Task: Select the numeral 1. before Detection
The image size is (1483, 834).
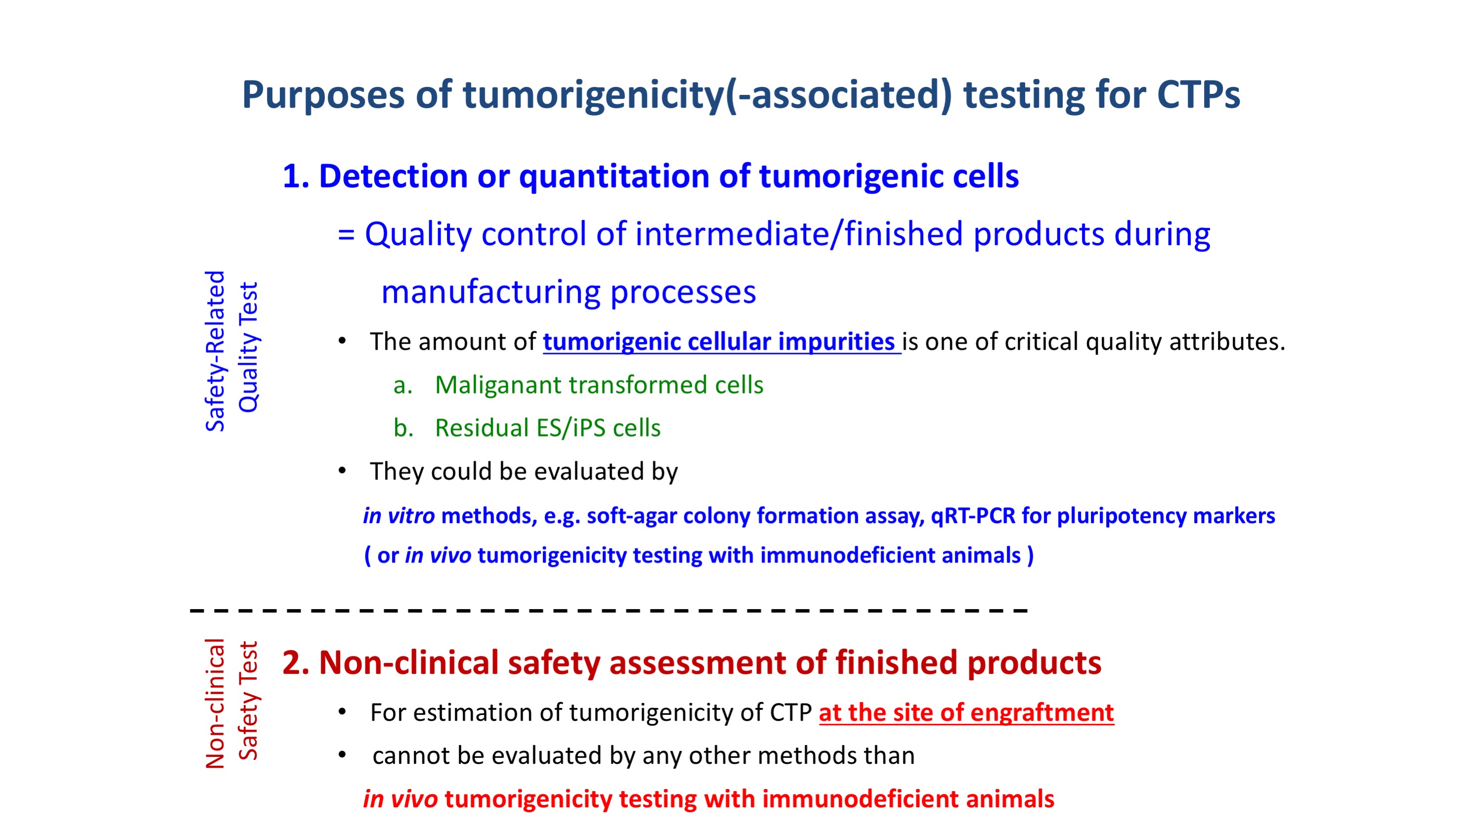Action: pos(296,176)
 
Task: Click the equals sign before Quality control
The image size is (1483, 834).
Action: pos(346,235)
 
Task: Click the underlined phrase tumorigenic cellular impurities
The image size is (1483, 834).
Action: pos(721,342)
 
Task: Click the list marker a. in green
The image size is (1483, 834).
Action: pos(403,386)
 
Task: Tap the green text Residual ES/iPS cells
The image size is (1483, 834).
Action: pos(547,428)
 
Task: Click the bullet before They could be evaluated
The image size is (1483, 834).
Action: pos(342,471)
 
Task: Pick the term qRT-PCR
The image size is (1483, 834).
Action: pos(973,516)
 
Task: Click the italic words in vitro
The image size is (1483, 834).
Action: pos(399,516)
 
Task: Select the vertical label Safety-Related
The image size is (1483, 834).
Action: pos(215,351)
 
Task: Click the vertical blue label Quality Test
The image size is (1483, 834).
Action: pos(249,348)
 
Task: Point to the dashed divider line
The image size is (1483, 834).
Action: pos(609,610)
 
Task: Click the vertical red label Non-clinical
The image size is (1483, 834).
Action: pos(215,704)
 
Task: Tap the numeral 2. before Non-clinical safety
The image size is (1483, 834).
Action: pos(296,663)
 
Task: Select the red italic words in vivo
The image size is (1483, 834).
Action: pos(400,799)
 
